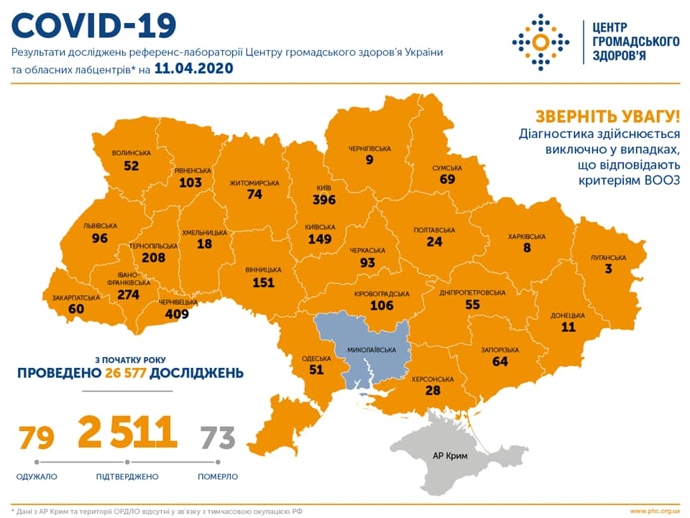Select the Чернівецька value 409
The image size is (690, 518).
tap(175, 313)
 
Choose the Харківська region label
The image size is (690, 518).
tap(526, 236)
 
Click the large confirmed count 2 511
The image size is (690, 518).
tap(127, 432)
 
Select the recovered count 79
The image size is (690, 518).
tap(36, 437)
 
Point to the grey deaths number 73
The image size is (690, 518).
tap(218, 437)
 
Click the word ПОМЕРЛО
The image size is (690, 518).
tap(218, 476)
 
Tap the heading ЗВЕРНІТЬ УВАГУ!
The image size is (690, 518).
tap(607, 116)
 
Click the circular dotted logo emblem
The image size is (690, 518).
tap(539, 42)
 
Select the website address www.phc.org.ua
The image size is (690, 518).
tap(653, 511)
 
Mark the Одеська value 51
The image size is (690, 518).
tap(316, 370)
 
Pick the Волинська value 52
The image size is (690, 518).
tap(132, 165)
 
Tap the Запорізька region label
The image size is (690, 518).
tap(500, 350)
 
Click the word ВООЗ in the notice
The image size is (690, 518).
tap(660, 181)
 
